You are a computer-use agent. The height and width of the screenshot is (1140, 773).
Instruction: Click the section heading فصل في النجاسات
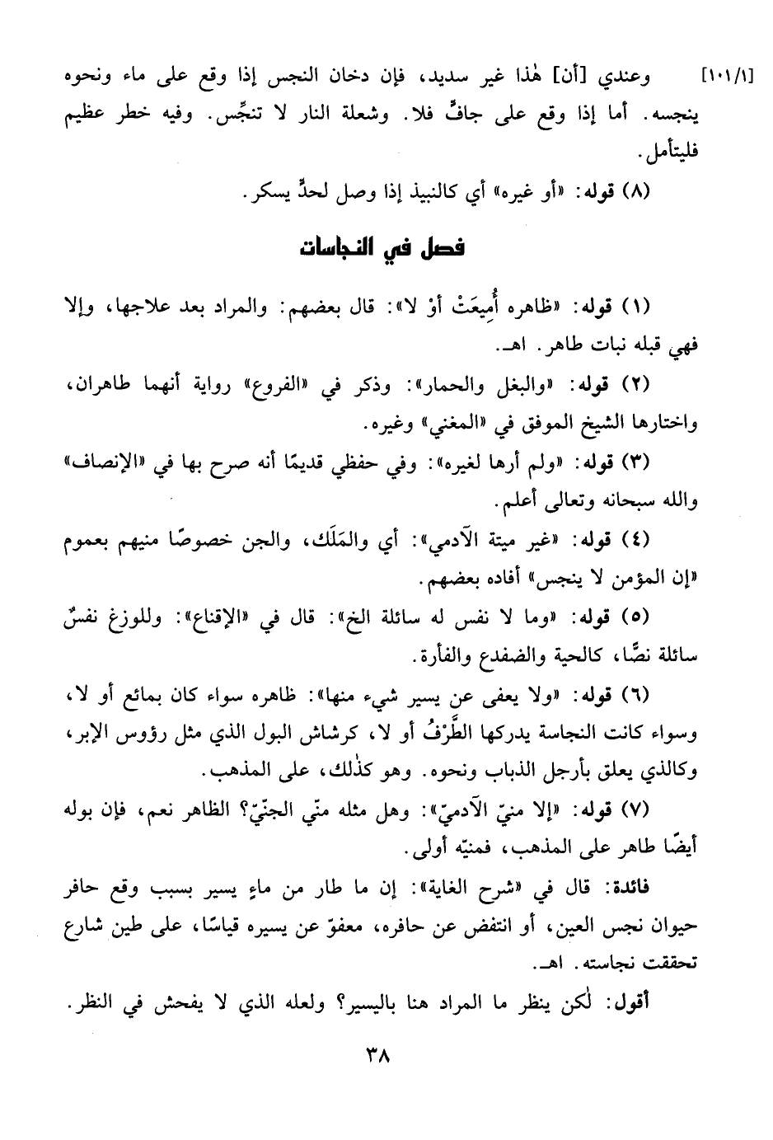pyautogui.click(x=382, y=247)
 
